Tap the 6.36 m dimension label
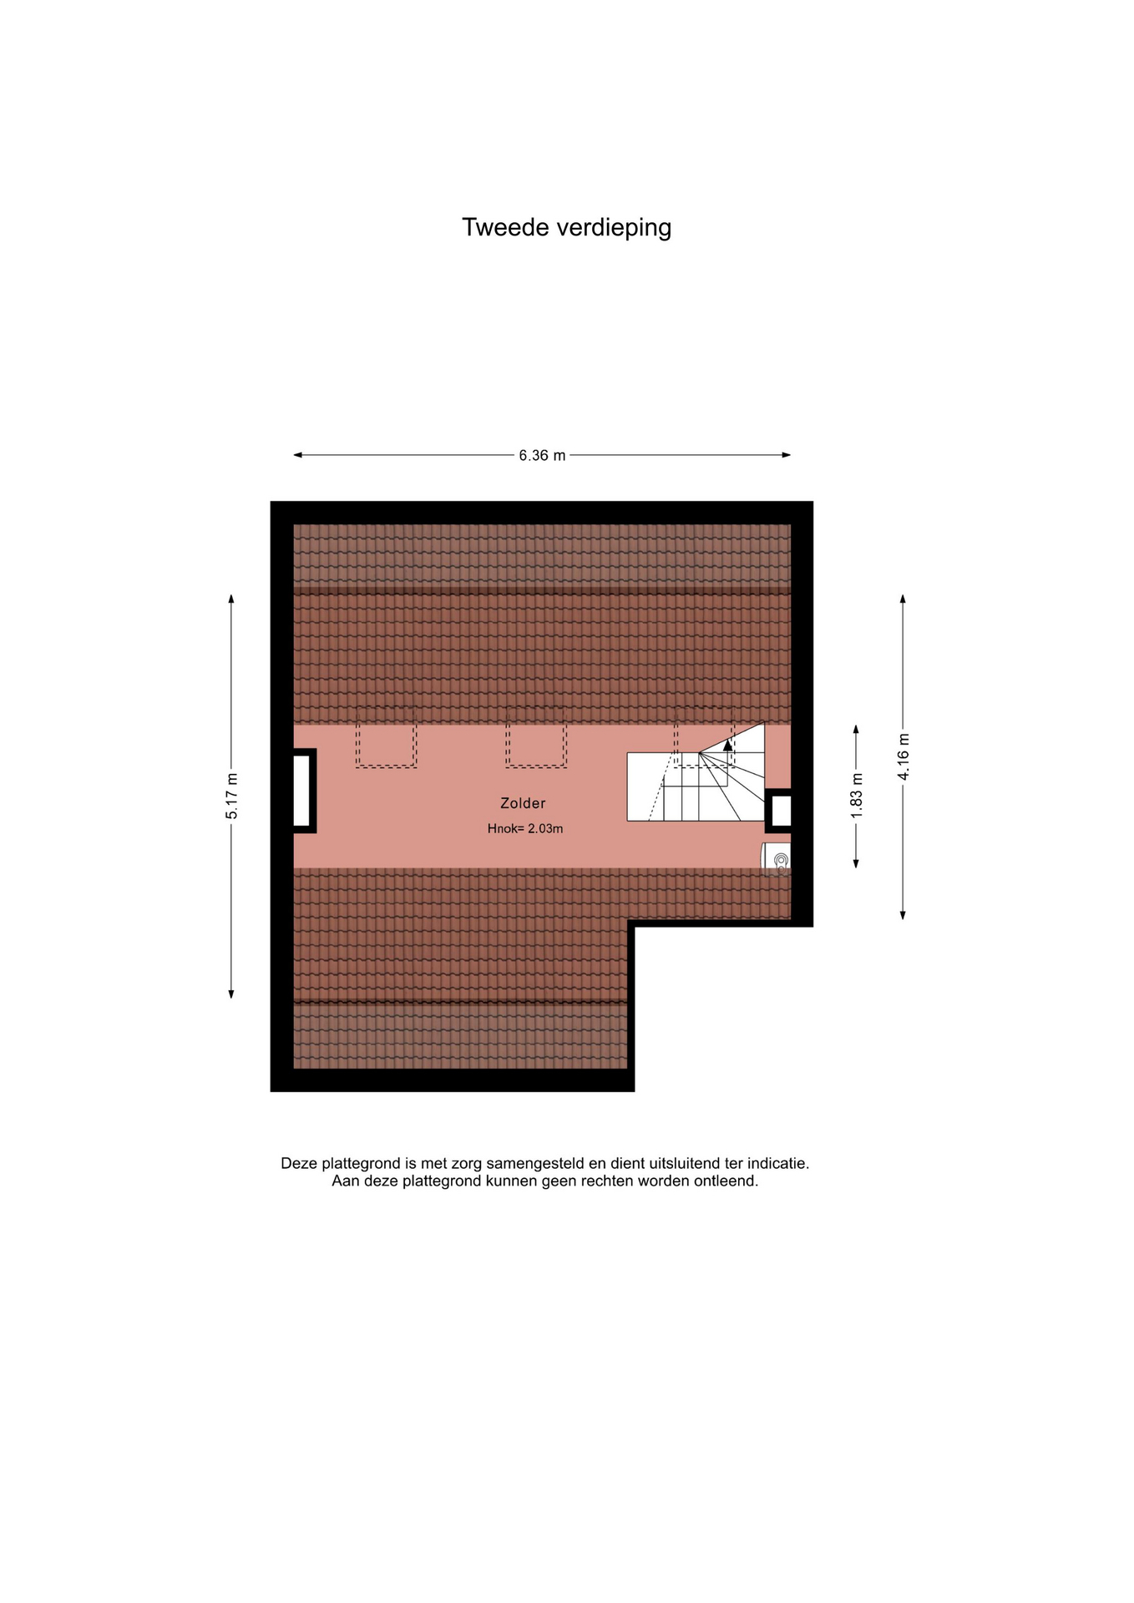pyautogui.click(x=542, y=455)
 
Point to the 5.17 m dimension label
pyautogui.click(x=231, y=796)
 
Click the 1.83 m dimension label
pyautogui.click(x=856, y=796)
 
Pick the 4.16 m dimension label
pyautogui.click(x=903, y=756)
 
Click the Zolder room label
pyautogui.click(x=523, y=803)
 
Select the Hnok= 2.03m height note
pyautogui.click(x=525, y=829)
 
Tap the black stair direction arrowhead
pyautogui.click(x=728, y=745)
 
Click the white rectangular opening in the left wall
pyautogui.click(x=301, y=791)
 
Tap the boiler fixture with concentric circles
pyautogui.click(x=777, y=859)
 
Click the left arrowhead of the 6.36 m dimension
pyautogui.click(x=297, y=455)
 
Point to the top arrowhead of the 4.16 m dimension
pyautogui.click(x=903, y=599)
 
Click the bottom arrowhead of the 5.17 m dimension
pyautogui.click(x=231, y=994)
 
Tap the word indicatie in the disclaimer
pyautogui.click(x=778, y=1163)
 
